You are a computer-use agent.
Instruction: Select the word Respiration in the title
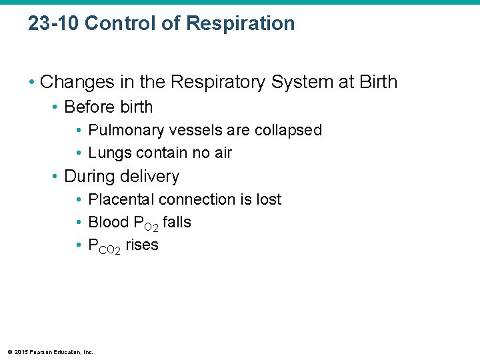(x=240, y=23)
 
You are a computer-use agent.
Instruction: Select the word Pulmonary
(x=127, y=130)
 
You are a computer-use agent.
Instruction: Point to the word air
(x=221, y=153)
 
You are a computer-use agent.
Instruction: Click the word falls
(x=177, y=222)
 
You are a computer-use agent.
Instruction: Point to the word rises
(x=142, y=245)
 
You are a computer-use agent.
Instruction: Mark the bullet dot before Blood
(x=79, y=223)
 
